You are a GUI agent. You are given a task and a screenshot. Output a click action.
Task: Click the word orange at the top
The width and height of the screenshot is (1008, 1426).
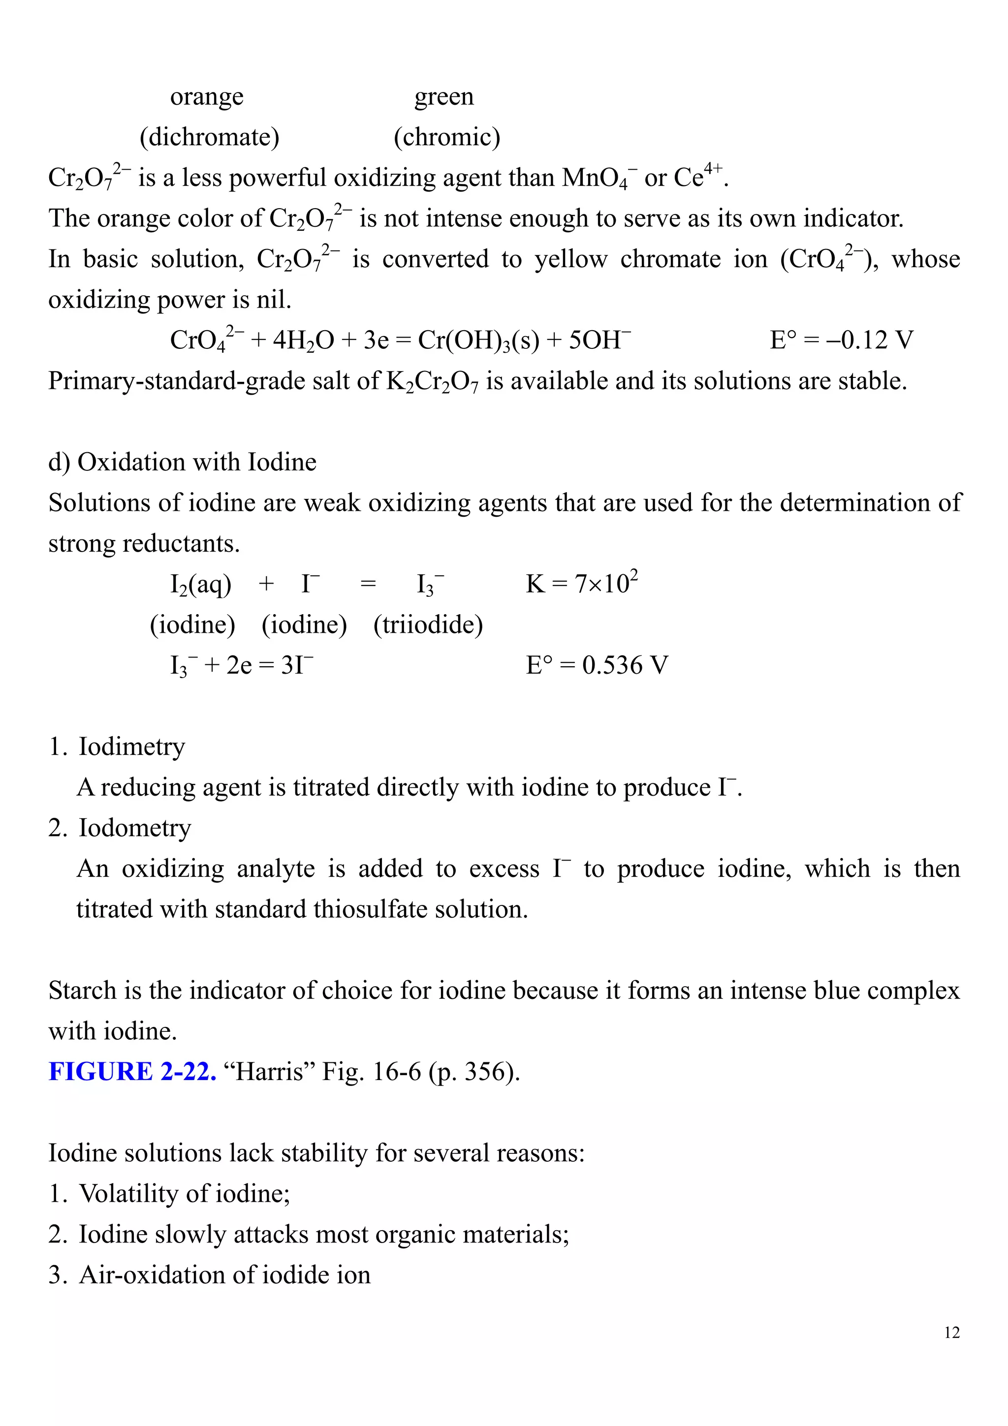pos(207,97)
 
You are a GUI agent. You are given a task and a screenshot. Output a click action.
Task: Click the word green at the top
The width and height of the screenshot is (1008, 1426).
pos(444,97)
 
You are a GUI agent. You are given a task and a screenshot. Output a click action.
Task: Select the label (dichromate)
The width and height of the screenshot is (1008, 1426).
pos(209,137)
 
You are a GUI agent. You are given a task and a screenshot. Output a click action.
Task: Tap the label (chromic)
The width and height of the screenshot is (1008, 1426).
pos(446,137)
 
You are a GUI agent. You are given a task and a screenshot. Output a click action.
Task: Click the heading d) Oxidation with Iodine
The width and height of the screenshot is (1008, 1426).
pos(182,462)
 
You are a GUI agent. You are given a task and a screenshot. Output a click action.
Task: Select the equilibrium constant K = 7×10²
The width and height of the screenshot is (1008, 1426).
pos(581,584)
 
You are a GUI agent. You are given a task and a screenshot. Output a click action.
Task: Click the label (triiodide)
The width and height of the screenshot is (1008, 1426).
pos(428,624)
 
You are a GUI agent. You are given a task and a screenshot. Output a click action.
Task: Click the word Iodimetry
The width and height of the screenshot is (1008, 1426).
pos(132,746)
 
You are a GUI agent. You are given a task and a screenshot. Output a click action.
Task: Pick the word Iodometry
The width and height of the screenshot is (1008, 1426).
pos(135,828)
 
